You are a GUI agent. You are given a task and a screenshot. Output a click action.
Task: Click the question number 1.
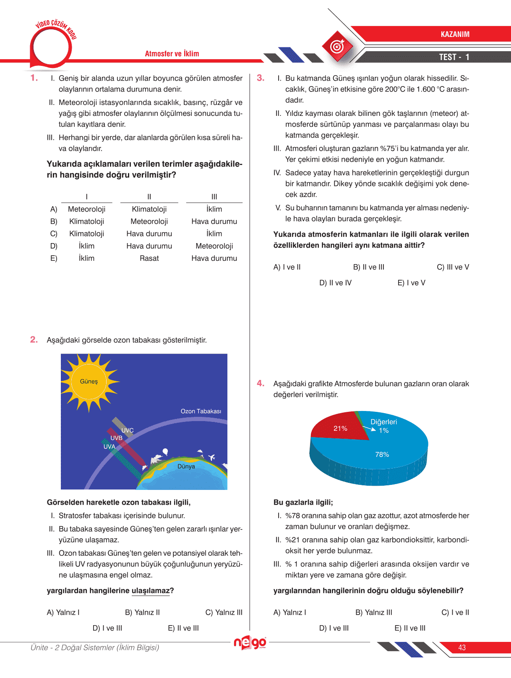pyautogui.click(x=34, y=78)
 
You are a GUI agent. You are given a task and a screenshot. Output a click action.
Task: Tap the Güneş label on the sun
pyautogui.click(x=89, y=381)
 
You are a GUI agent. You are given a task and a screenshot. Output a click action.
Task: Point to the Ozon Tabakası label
pyautogui.click(x=201, y=411)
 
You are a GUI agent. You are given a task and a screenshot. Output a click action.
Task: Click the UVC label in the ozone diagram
pyautogui.click(x=128, y=430)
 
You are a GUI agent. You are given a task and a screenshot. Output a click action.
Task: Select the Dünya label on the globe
pyautogui.click(x=186, y=466)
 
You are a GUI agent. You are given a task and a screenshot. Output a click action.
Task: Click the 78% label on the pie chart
pyautogui.click(x=382, y=454)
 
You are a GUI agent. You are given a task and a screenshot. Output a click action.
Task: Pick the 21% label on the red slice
pyautogui.click(x=340, y=428)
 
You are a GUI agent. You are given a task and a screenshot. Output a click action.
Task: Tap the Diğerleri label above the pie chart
pyautogui.click(x=383, y=422)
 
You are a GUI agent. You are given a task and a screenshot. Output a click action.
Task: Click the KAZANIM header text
pyautogui.click(x=455, y=34)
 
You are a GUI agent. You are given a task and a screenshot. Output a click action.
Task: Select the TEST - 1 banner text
pyautogui.click(x=454, y=57)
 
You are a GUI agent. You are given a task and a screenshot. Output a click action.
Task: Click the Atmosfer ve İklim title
pyautogui.click(x=172, y=54)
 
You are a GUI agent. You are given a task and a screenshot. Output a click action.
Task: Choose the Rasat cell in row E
pyautogui.click(x=149, y=258)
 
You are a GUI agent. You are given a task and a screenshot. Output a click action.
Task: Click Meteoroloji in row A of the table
pyautogui.click(x=86, y=209)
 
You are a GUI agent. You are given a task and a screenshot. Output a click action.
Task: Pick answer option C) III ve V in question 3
pyautogui.click(x=453, y=267)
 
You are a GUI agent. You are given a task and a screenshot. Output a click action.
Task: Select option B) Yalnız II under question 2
pyautogui.click(x=142, y=613)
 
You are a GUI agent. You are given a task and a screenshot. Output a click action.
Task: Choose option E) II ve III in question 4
pyautogui.click(x=409, y=628)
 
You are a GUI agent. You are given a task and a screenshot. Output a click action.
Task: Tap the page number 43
pyautogui.click(x=462, y=647)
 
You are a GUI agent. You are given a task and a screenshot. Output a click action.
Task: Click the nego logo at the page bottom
pyautogui.click(x=250, y=643)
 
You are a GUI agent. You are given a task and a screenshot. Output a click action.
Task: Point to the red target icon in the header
pyautogui.click(x=337, y=46)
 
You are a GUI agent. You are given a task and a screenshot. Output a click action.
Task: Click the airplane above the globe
pyautogui.click(x=211, y=457)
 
